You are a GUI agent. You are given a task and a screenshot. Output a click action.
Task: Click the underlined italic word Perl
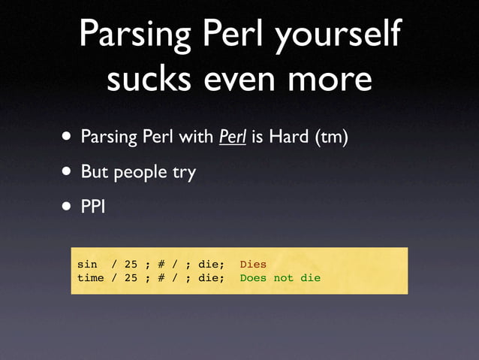click(232, 138)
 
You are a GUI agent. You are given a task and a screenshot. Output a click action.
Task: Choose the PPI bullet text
click(93, 206)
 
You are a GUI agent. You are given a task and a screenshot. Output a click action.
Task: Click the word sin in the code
click(87, 265)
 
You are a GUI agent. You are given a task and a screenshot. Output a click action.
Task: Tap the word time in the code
click(90, 278)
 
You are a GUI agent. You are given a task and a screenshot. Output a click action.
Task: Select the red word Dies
click(253, 265)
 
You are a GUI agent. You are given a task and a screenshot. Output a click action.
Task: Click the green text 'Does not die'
click(280, 278)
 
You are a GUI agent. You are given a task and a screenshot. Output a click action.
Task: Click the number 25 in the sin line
click(131, 265)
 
